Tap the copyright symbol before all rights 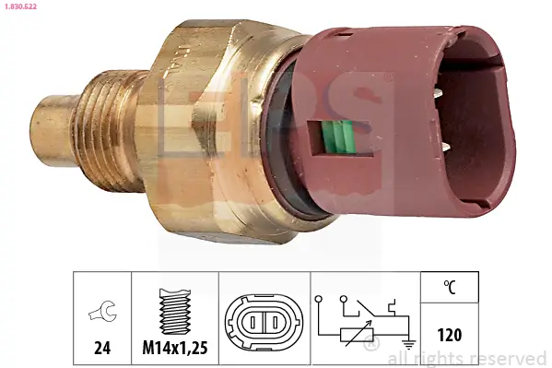click(371, 347)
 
